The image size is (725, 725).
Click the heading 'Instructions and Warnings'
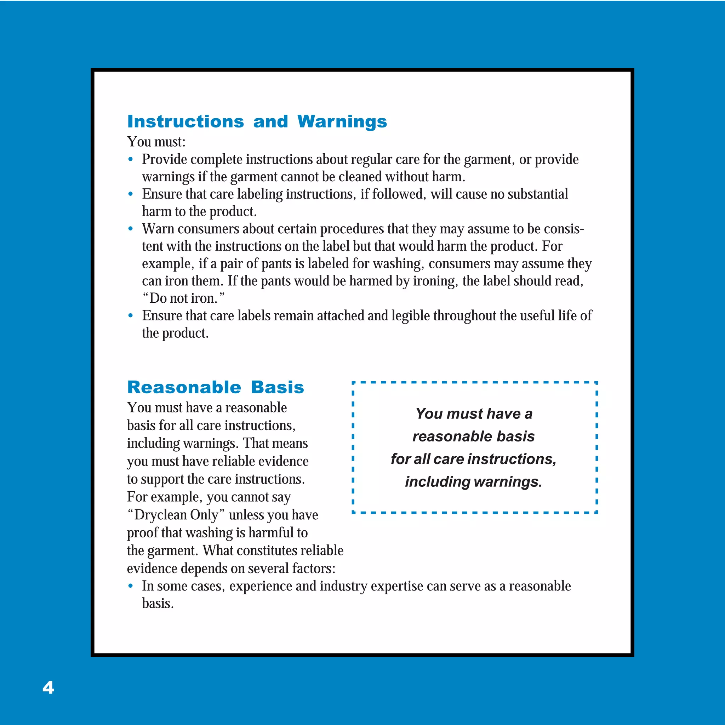click(x=257, y=121)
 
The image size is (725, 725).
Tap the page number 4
click(x=48, y=687)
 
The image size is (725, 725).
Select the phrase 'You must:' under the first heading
click(x=156, y=142)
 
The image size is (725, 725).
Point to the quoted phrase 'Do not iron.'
click(x=183, y=298)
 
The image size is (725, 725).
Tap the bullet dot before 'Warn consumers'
click(x=131, y=229)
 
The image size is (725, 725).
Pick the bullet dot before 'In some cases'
click(x=131, y=586)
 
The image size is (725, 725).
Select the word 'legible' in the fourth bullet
click(x=411, y=315)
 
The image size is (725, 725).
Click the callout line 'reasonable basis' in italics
click(x=474, y=436)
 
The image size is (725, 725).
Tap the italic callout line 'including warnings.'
click(x=474, y=482)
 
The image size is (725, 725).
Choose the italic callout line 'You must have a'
click(x=474, y=413)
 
